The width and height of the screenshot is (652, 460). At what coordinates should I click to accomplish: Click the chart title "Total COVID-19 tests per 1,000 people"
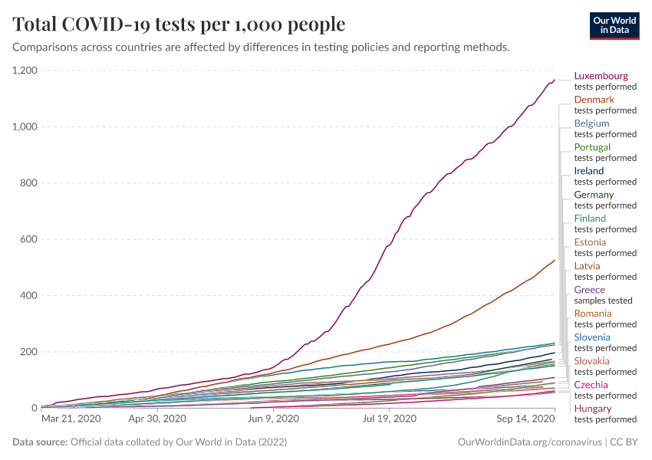(179, 25)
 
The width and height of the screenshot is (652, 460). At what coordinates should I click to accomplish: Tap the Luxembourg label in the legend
(601, 76)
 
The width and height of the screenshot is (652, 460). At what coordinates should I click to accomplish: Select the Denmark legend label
(594, 100)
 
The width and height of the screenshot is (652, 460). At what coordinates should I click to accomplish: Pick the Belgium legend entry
(591, 123)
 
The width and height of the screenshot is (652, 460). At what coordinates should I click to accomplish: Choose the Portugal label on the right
(592, 147)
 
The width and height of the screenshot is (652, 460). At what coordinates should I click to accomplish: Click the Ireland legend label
(589, 171)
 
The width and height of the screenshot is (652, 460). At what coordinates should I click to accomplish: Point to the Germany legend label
(594, 195)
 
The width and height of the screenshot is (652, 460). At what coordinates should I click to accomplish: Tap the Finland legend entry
(590, 219)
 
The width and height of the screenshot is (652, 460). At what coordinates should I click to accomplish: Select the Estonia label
(590, 242)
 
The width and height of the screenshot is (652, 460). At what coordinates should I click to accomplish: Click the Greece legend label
(589, 290)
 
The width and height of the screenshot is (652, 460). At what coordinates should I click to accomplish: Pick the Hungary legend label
(593, 409)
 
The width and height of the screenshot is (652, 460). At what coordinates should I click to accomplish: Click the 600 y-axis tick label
(28, 239)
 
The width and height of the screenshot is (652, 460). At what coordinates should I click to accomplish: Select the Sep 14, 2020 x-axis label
(525, 419)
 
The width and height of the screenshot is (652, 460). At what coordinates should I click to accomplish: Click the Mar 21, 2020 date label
(71, 419)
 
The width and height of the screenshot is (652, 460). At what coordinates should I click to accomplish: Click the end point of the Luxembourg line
(555, 80)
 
